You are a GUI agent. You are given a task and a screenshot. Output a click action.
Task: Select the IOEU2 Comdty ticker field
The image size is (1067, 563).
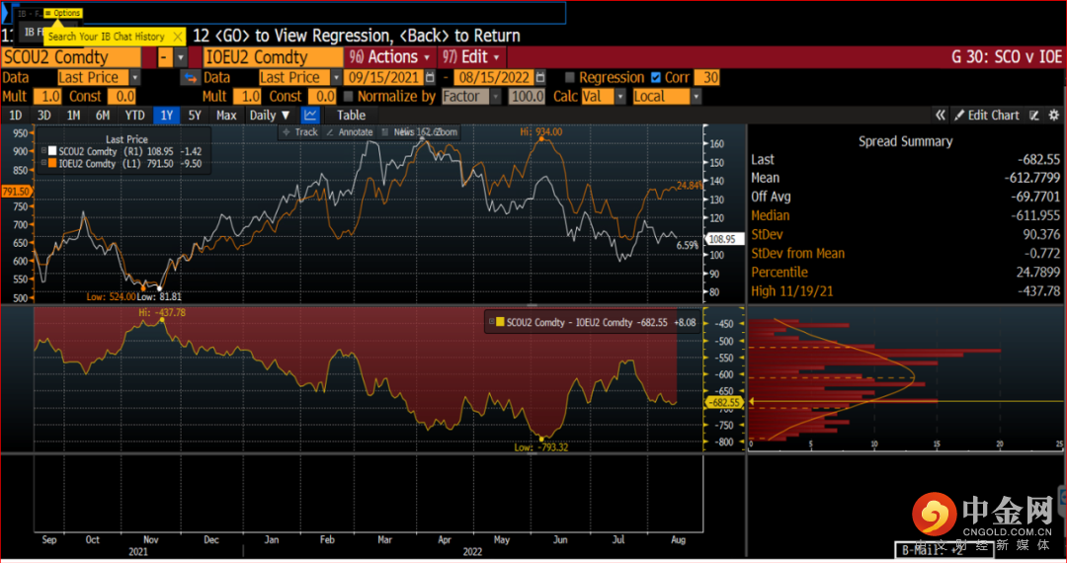click(x=262, y=57)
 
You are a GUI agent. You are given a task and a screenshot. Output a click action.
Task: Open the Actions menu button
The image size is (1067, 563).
click(x=390, y=57)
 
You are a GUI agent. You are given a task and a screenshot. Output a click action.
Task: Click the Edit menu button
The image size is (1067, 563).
click(x=472, y=57)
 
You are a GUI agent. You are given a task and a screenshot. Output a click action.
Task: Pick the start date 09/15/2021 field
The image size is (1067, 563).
click(x=384, y=77)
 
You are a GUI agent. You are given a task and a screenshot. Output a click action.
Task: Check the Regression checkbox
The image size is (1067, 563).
click(x=570, y=77)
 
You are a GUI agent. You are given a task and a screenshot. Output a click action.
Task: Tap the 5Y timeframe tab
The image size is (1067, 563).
click(x=195, y=116)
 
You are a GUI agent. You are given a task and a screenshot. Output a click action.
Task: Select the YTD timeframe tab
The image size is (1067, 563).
click(x=134, y=116)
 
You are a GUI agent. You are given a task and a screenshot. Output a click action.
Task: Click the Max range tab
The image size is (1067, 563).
click(x=226, y=116)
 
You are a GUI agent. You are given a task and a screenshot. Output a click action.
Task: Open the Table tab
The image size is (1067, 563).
click(x=351, y=116)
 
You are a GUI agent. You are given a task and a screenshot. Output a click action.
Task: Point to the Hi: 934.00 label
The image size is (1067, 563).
click(x=542, y=131)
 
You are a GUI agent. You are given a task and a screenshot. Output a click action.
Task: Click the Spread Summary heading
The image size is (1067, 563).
click(x=905, y=141)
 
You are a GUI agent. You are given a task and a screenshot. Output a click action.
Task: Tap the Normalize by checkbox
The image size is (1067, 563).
click(x=349, y=97)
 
